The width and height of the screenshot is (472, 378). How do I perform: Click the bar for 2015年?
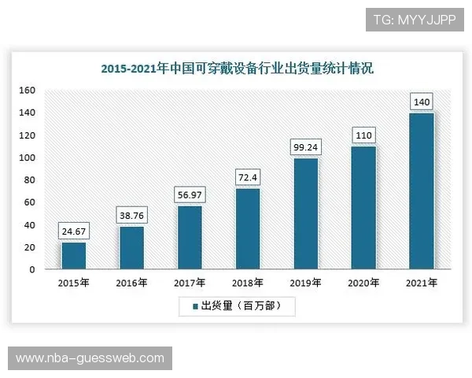(73, 255)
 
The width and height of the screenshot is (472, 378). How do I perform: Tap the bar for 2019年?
(305, 213)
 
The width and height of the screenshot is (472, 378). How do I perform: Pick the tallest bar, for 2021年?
(422, 191)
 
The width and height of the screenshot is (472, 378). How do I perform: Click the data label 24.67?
(73, 232)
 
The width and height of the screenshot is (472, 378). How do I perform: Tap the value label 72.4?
(248, 178)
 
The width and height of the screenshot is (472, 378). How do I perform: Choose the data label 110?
(363, 135)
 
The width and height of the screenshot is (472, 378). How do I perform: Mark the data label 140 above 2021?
(422, 102)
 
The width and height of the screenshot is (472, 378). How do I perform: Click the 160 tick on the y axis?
(28, 91)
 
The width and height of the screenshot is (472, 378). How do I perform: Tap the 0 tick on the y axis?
(32, 269)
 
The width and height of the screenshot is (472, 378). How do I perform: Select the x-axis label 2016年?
(131, 282)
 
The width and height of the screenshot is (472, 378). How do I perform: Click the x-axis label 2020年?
(363, 282)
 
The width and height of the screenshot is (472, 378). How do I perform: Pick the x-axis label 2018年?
(248, 282)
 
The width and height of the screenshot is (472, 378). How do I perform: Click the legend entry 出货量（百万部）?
(236, 306)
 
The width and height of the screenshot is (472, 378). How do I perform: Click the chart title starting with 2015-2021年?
(237, 69)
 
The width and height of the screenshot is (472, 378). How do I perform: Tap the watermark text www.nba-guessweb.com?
(90, 358)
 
